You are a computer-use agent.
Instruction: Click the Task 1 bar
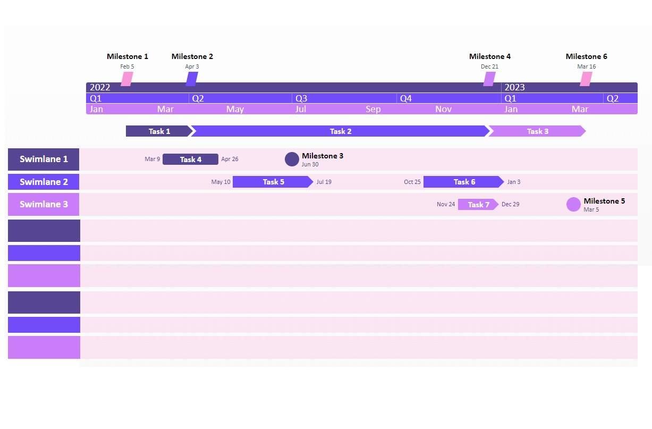159,131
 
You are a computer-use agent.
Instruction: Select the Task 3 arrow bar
537,131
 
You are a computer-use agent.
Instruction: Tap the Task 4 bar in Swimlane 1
190,159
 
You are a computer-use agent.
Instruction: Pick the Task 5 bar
273,182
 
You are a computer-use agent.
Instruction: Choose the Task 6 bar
463,182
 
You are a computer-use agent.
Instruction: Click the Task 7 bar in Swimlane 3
478,205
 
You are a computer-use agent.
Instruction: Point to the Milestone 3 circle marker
292,159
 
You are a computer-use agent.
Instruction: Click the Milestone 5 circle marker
573,204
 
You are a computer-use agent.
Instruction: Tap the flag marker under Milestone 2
192,79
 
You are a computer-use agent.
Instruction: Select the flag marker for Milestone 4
489,79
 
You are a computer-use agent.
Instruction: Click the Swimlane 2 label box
44,182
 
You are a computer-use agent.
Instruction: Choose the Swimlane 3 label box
44,204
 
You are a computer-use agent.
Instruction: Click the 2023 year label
514,87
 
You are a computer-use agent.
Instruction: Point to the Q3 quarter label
301,98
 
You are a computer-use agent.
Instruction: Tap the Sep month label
373,109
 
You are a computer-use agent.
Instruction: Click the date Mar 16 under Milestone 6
586,66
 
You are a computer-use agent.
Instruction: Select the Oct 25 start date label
412,182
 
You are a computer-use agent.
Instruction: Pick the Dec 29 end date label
510,204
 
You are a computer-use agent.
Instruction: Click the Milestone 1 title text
127,56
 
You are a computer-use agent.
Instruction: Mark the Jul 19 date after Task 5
324,182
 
